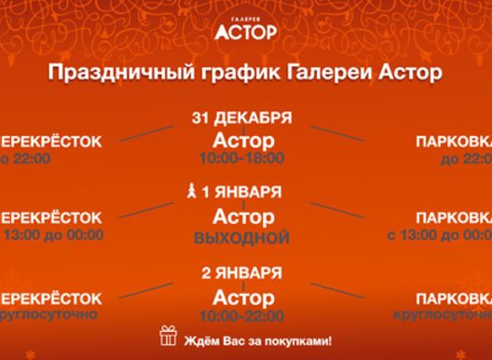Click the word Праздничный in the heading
tap(112, 73)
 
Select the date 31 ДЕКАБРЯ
tap(242, 118)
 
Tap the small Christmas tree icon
tap(193, 193)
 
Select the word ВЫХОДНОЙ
tap(242, 238)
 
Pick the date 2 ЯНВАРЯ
tap(242, 273)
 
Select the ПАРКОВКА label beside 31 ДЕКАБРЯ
tap(453, 142)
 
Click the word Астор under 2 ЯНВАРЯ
tap(244, 296)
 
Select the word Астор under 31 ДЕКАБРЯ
tap(244, 140)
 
